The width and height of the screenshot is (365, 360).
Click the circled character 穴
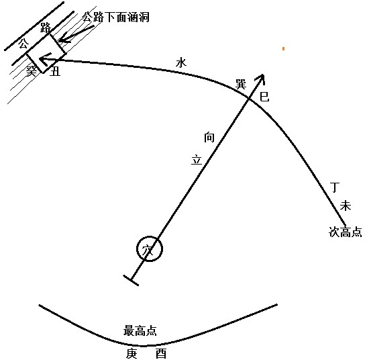tap(148, 250)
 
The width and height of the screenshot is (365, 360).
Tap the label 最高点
tap(140, 330)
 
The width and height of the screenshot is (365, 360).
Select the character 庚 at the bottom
tap(132, 353)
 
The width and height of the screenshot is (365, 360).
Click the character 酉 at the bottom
tap(161, 353)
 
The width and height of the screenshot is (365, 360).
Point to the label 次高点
tap(345, 232)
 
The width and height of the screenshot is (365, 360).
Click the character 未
tap(346, 206)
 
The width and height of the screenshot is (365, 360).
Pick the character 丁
tap(335, 187)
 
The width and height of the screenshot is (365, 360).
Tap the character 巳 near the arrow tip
tap(264, 96)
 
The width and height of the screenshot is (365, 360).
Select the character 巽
tap(241, 84)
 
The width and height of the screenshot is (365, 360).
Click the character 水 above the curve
tap(181, 62)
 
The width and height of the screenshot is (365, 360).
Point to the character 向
tap(209, 137)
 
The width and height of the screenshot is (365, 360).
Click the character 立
tap(197, 160)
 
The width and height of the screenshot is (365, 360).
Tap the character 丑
tap(56, 71)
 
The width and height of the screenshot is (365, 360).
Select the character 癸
tap(31, 71)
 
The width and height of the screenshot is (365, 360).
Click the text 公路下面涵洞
tap(115, 17)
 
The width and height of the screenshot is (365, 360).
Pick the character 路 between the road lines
tap(46, 28)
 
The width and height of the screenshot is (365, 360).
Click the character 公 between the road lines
tap(23, 44)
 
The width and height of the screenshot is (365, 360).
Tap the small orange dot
tap(283, 48)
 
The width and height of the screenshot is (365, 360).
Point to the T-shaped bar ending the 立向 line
tap(131, 280)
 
